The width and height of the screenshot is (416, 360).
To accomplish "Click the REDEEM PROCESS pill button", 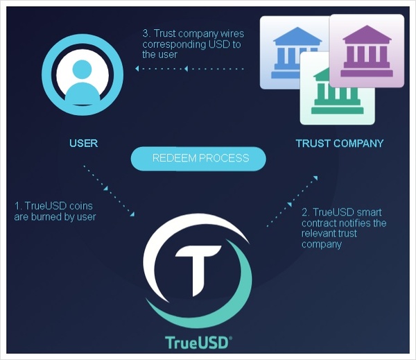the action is point(198,158).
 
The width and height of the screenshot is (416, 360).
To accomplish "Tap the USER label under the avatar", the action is point(84,144).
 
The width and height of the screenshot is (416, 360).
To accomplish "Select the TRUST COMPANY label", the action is point(340,144).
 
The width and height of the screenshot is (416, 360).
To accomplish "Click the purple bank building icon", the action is point(367,51).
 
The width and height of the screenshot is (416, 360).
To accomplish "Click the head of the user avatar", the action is point(82,69).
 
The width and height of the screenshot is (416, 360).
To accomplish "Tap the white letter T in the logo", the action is point(198,269).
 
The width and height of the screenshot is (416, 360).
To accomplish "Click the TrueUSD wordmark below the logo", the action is point(198,343).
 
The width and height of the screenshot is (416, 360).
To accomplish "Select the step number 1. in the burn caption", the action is point(18,206).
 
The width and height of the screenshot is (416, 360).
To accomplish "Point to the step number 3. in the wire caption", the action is point(147,34).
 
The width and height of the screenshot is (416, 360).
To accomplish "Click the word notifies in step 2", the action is point(355,223).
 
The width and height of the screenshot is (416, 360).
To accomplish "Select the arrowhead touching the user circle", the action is point(137,69).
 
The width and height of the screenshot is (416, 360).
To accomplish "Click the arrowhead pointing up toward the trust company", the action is point(315,178).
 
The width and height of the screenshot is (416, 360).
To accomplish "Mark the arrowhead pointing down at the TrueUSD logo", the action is point(132,214).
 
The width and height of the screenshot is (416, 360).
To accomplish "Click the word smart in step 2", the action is point(369,212).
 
